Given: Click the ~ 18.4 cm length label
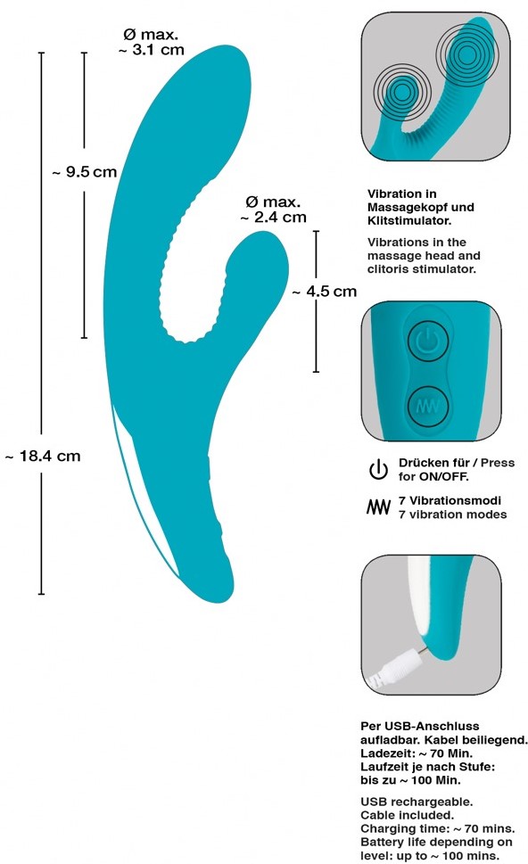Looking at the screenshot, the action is (43, 457).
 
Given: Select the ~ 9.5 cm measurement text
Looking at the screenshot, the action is (85, 172).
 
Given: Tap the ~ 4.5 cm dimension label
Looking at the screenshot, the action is (325, 292).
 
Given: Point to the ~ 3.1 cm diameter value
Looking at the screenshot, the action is (152, 50).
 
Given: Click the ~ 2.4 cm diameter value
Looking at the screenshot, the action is (274, 217).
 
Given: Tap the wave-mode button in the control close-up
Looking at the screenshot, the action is (428, 407).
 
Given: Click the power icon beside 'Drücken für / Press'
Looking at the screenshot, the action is (379, 470).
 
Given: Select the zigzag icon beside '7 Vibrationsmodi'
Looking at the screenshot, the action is (379, 507).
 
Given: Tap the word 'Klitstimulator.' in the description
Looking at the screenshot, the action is (409, 221).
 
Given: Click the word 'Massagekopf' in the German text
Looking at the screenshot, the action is (408, 208).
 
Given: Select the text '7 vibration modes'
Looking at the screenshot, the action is (452, 514).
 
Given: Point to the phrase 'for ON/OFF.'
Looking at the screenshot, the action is (433, 477).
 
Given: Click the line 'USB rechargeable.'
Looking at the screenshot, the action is (417, 802).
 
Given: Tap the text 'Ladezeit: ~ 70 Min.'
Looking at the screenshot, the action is (417, 753).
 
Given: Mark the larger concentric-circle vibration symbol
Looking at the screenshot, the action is (466, 54).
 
